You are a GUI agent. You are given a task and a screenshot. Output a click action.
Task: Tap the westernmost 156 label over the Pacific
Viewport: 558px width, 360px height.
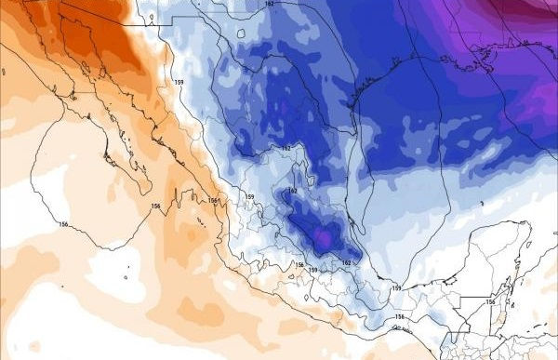coord(63,224)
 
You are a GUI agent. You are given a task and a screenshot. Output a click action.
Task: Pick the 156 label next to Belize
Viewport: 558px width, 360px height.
coord(490,301)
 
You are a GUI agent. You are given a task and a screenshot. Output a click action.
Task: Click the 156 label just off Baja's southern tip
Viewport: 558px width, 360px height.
coord(154,206)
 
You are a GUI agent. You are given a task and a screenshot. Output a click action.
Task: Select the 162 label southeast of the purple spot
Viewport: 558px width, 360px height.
coord(347,263)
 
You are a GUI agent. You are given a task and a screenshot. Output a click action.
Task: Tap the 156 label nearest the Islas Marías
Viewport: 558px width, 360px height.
coord(213,201)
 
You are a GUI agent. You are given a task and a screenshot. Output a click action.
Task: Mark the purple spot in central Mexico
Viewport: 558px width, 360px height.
coord(322,240)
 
